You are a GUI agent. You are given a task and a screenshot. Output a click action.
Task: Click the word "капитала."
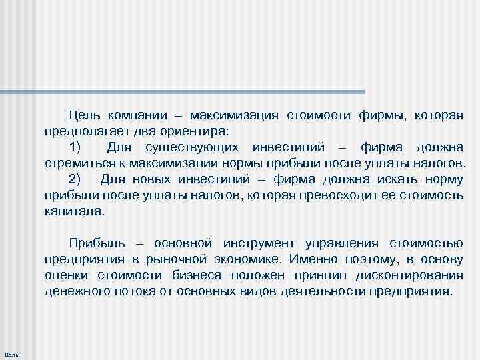coord(75,211)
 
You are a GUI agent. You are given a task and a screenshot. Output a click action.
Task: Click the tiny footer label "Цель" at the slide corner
coord(11,353)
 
